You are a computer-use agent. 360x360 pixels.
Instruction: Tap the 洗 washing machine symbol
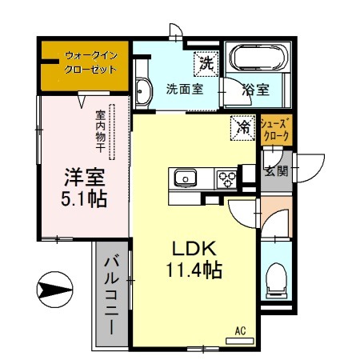206,62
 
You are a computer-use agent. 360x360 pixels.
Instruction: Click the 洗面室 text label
182,89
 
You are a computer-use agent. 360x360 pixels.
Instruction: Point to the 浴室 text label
255,89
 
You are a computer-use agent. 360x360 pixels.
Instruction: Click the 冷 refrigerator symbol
242,126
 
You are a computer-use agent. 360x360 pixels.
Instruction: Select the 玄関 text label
277,170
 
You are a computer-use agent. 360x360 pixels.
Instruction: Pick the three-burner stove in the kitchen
226,178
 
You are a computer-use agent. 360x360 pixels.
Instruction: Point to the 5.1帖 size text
82,197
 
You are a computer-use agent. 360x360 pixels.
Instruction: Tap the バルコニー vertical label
112,296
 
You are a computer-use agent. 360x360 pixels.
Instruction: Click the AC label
239,330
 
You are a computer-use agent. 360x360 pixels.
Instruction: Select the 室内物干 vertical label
102,130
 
